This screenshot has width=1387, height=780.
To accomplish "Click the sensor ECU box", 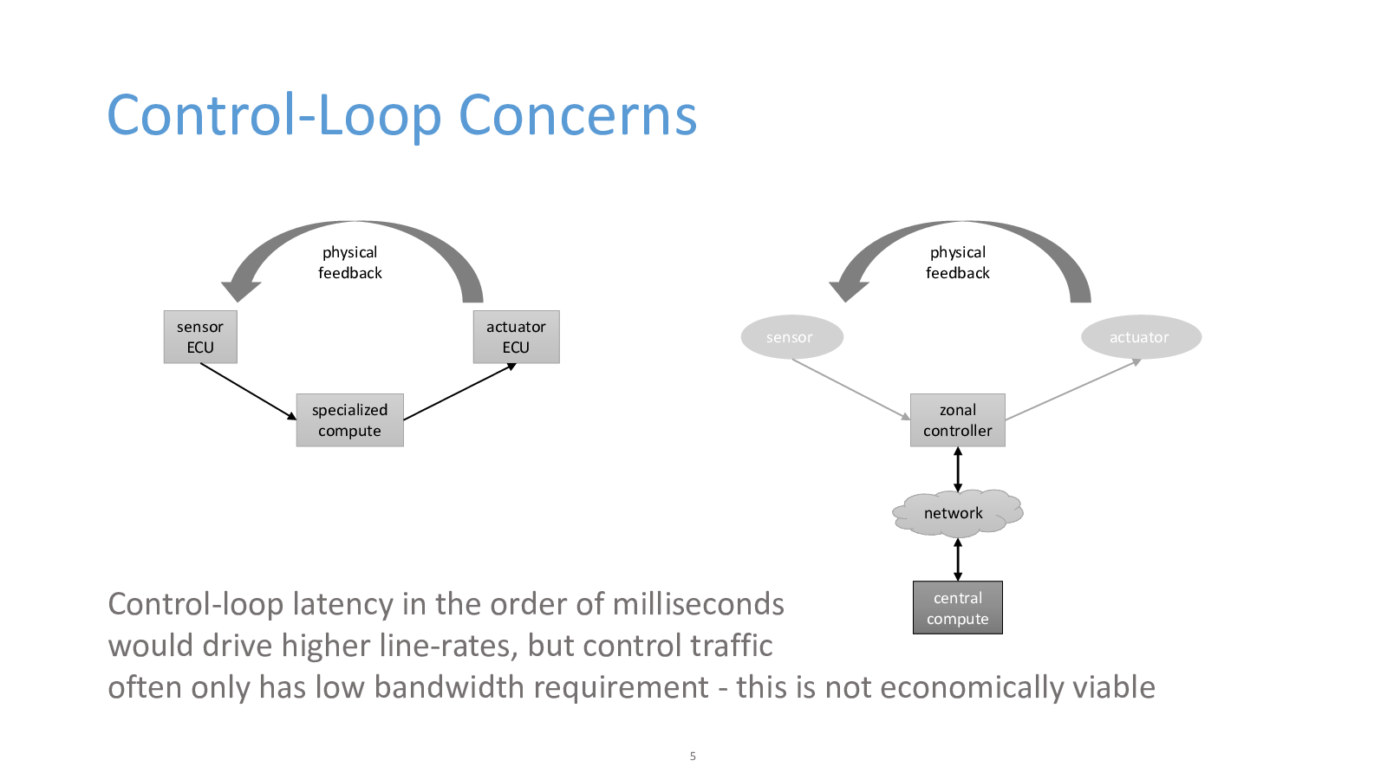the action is coord(200,337).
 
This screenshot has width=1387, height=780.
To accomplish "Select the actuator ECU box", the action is coord(517,337).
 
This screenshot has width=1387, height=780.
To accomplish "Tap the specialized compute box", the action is coord(350,419).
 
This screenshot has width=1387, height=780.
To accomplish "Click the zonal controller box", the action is coord(957,419).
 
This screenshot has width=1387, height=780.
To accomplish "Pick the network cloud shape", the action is coord(957,512).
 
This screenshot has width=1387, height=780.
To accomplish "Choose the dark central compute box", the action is coord(957,608).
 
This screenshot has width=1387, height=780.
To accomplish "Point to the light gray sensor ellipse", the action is coord(792,337).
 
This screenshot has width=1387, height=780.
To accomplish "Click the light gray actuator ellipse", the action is coord(1141,337).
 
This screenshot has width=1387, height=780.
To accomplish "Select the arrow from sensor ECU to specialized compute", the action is coord(248,391).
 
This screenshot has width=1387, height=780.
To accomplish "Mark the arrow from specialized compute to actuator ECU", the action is coord(460,391).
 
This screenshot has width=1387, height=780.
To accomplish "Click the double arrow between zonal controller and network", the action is coord(958,469).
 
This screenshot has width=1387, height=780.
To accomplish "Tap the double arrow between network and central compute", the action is coord(958,559).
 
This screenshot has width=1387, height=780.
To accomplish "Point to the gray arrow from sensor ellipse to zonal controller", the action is coord(851,389).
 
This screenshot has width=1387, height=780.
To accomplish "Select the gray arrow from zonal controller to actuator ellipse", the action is coord(1074,389).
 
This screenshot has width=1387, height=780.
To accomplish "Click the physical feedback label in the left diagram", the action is coord(350,263).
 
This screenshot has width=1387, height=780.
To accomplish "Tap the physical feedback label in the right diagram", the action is coord(957,263).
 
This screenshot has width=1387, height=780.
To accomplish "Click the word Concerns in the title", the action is coord(577,115).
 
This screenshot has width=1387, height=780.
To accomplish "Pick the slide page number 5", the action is coord(693,756).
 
